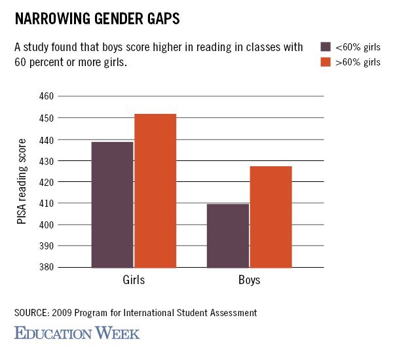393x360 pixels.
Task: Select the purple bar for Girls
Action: (x=112, y=204)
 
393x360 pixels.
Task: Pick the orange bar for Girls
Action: (x=155, y=190)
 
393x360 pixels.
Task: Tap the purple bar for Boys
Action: (x=227, y=236)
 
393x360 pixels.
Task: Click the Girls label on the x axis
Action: (x=134, y=280)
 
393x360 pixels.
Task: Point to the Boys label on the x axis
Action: (x=249, y=280)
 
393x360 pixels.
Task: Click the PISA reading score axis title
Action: (x=22, y=182)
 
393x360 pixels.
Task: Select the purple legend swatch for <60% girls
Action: (x=326, y=46)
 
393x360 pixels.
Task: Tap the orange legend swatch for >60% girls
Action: (x=326, y=62)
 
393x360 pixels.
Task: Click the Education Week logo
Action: (x=77, y=333)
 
